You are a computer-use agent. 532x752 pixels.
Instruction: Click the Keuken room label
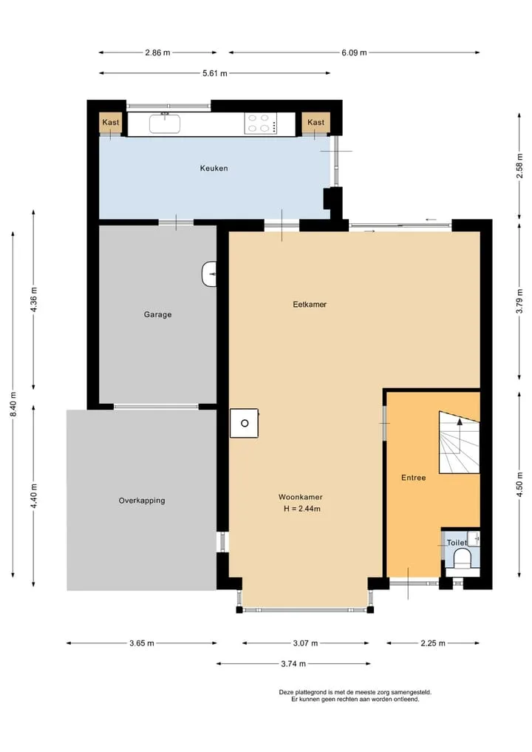[x=214, y=169]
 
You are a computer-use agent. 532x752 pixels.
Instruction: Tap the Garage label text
[x=157, y=314]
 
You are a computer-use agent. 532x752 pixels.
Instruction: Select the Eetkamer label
[x=310, y=304]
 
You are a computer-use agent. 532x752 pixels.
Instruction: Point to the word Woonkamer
[x=301, y=498]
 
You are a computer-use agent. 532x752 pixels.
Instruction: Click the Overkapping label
[x=142, y=501]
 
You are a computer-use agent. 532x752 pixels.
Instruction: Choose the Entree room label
[x=413, y=478]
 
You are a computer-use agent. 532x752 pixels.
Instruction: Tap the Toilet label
[x=457, y=543]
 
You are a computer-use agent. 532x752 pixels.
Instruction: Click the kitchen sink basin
[x=165, y=123]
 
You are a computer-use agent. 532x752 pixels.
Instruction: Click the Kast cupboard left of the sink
[x=111, y=123]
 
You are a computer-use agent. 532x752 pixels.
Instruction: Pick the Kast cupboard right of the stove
[x=316, y=123]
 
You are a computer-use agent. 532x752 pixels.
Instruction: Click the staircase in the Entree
[x=460, y=442]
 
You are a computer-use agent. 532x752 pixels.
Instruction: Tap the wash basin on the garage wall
[x=209, y=274]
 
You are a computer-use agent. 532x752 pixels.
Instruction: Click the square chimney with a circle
[x=245, y=423]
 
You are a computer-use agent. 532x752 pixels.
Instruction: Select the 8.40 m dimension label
[x=13, y=404]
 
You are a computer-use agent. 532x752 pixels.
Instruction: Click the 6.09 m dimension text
[x=354, y=52]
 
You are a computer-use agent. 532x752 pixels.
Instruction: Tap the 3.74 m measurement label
[x=293, y=664]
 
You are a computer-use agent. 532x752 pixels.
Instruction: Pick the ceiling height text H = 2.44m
[x=302, y=509]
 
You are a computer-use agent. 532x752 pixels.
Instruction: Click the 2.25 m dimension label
[x=433, y=643]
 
